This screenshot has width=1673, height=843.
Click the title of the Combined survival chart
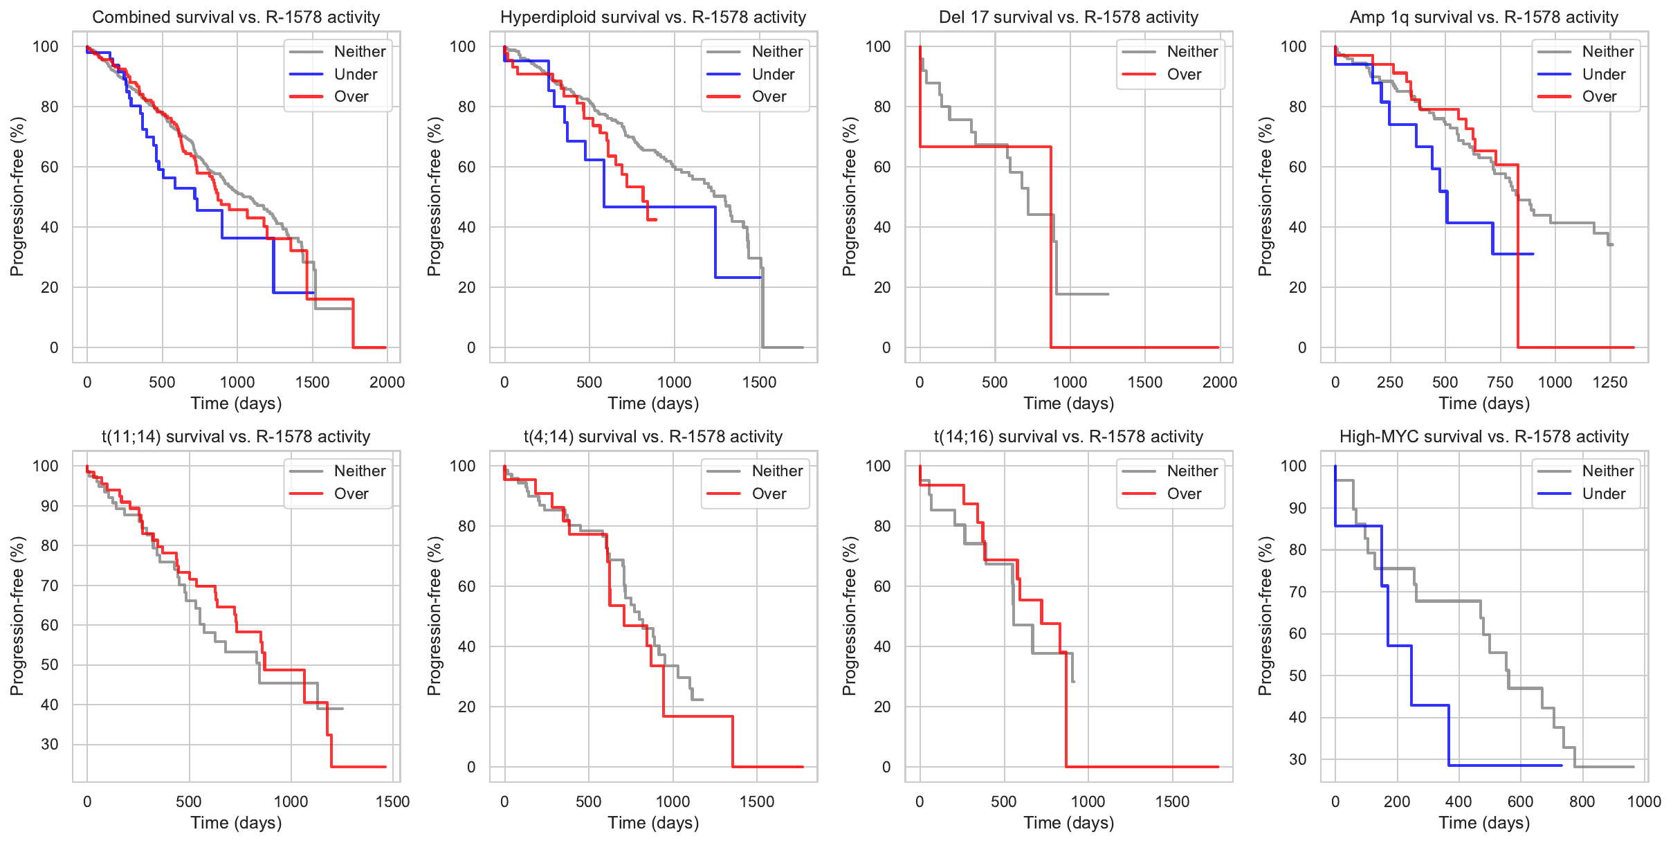236,17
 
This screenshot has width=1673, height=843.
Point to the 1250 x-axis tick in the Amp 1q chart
1610,382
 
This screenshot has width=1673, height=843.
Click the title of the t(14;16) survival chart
1068,437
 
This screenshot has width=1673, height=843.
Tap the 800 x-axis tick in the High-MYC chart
1582,801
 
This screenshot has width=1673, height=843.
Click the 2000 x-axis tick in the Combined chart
387,382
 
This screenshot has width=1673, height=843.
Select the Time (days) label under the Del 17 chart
1068,404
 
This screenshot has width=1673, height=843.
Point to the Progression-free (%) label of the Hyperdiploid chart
434,197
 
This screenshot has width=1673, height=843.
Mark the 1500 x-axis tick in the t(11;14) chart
392,801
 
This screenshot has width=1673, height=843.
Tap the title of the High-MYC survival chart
1483,437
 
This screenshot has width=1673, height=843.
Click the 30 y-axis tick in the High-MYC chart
1298,759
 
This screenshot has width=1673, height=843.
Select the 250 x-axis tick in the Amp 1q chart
1390,382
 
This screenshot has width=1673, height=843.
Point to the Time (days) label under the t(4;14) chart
653,823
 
